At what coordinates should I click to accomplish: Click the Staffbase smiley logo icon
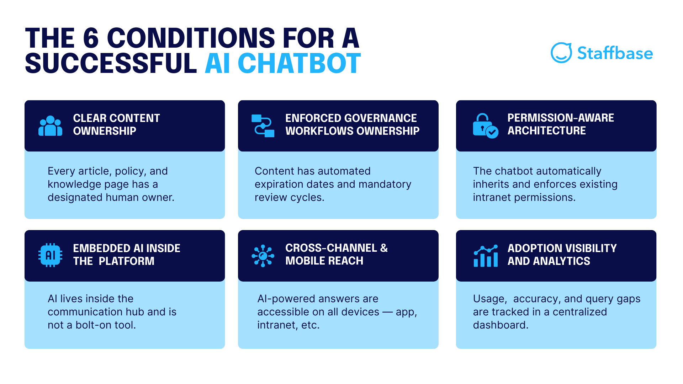[561, 53]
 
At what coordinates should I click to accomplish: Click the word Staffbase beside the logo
[615, 53]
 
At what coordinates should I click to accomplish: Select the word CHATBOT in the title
[299, 64]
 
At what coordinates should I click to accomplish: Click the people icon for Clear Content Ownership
[50, 126]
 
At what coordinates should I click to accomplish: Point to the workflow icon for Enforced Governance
[263, 126]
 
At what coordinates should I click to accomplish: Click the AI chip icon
[50, 255]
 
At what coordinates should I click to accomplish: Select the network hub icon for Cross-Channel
[263, 256]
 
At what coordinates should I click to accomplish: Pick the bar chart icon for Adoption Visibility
[486, 256]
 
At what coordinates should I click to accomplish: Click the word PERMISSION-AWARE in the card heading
[561, 118]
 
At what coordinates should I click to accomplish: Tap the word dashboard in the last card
[500, 325]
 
